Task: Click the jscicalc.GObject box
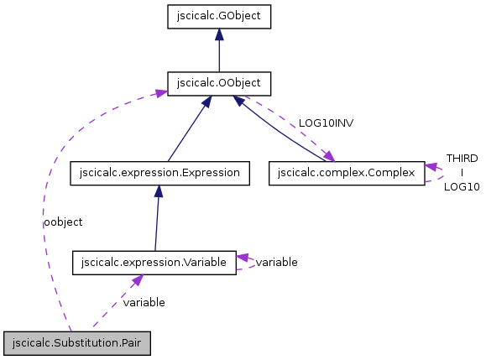218,16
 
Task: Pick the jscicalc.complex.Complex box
347,173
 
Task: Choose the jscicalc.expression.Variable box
154,263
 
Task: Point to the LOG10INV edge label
326,123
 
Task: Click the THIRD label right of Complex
462,158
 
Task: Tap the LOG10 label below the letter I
462,186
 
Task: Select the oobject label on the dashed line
63,222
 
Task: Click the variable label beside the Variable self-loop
276,263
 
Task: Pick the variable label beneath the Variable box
144,302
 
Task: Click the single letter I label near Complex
462,172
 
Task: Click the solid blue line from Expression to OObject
186,130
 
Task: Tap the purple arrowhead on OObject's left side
162,91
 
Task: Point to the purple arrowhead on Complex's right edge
431,167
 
